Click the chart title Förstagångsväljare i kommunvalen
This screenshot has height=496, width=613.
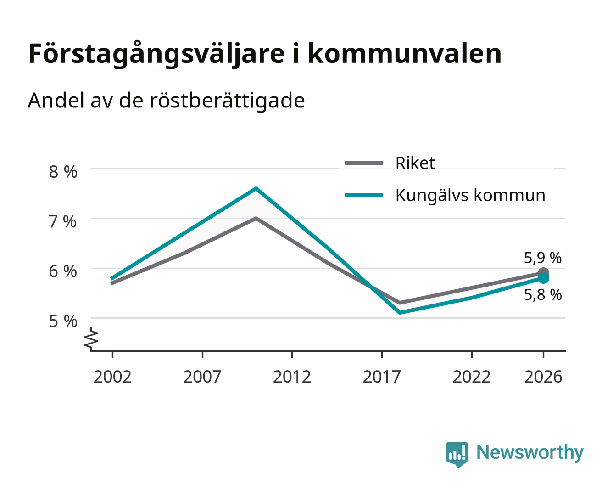tap(265, 54)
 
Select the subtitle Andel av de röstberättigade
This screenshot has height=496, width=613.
tap(166, 101)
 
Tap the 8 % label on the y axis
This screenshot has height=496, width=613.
tap(63, 172)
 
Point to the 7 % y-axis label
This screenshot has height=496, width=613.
tap(63, 222)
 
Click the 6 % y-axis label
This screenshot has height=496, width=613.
tap(63, 271)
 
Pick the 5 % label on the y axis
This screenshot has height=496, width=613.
tap(63, 321)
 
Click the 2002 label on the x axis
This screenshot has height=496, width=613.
tap(112, 377)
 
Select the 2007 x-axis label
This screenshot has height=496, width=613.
tap(202, 377)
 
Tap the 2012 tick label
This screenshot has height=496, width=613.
tap(292, 377)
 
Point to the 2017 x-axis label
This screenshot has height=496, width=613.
tap(382, 377)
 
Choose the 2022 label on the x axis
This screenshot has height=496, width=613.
tap(472, 377)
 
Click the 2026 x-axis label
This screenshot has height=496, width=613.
tap(543, 377)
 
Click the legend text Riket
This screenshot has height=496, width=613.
tap(415, 163)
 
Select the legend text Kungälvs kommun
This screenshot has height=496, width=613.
tap(471, 195)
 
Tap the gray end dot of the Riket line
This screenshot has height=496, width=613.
tap(543, 272)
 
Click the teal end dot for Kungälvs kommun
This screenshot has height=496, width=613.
tap(543, 278)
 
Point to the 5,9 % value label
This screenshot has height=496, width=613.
tap(543, 258)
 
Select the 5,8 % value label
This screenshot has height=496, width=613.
tap(543, 295)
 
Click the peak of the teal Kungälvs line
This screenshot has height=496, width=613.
tap(256, 188)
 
